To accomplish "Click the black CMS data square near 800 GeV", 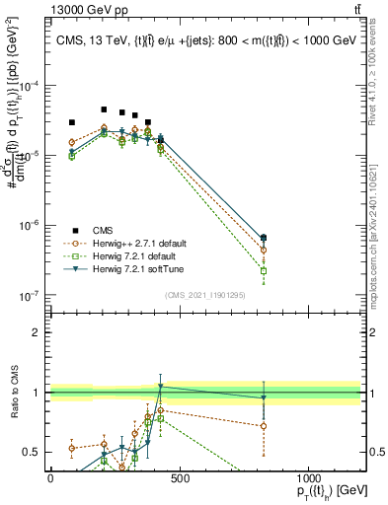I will [x=264, y=238].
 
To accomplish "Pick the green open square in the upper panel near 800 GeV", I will [x=264, y=269].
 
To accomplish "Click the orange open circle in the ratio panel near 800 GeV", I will [x=264, y=426].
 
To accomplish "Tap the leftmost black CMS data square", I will [x=72, y=122].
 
